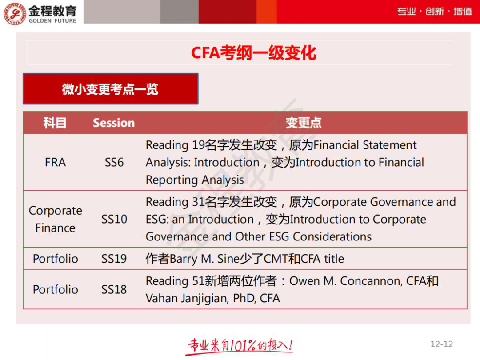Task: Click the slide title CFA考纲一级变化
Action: point(253,53)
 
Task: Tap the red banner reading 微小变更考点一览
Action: point(110,89)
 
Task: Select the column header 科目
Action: point(55,123)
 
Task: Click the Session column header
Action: point(114,123)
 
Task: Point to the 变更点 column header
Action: point(304,123)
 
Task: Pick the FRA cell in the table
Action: point(55,162)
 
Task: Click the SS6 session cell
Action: point(114,162)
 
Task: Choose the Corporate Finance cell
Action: point(55,219)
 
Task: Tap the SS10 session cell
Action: point(114,219)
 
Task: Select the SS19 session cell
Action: point(114,259)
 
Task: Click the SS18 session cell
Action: point(114,289)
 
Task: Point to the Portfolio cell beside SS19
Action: point(55,259)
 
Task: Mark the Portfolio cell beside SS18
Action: point(55,289)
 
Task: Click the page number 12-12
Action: point(441,344)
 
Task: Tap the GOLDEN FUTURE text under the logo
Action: point(52,20)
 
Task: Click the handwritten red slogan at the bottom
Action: point(240,346)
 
